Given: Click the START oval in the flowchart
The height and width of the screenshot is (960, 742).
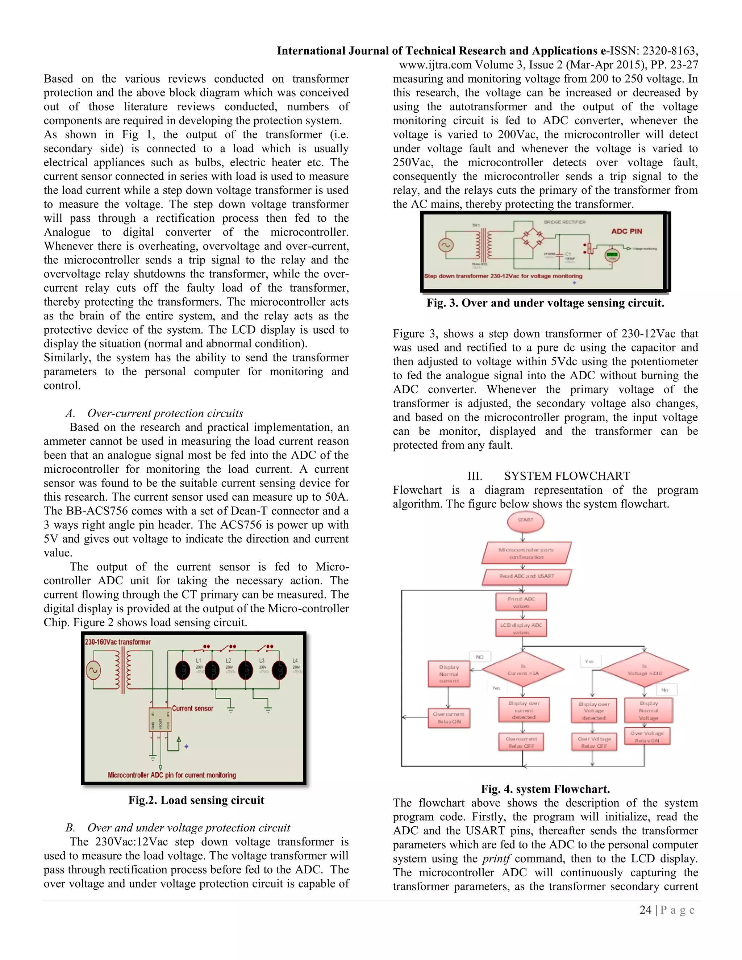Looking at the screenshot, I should pyautogui.click(x=525, y=522).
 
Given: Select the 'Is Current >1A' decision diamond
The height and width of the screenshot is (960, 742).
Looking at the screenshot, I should pyautogui.click(x=523, y=669).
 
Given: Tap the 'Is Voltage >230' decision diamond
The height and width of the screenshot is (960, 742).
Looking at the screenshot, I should pyautogui.click(x=645, y=669).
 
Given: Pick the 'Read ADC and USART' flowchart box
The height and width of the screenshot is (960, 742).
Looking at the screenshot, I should pyautogui.click(x=526, y=576).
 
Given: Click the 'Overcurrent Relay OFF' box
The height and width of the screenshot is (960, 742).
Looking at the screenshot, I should pyautogui.click(x=521, y=742).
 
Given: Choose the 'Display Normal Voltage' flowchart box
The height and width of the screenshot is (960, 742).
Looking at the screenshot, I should pyautogui.click(x=649, y=710).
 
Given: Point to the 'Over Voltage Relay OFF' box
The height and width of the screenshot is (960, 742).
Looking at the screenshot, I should pyautogui.click(x=594, y=742).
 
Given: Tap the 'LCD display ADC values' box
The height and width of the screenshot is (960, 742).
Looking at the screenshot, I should pyautogui.click(x=521, y=628).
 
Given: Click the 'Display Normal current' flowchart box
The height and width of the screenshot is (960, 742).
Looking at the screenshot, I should pyautogui.click(x=449, y=674).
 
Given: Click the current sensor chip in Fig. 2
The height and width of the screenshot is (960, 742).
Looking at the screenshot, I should pyautogui.click(x=159, y=719).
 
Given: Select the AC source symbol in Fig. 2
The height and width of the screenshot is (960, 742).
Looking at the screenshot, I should pyautogui.click(x=93, y=670).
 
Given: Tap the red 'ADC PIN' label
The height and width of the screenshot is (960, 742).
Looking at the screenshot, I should pyautogui.click(x=626, y=231).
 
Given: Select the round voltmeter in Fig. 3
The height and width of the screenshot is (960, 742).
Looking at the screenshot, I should pyautogui.click(x=612, y=256).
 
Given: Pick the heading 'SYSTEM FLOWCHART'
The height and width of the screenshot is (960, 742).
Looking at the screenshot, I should pyautogui.click(x=567, y=476).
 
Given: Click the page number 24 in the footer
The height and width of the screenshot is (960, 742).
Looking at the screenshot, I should pyautogui.click(x=645, y=910).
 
